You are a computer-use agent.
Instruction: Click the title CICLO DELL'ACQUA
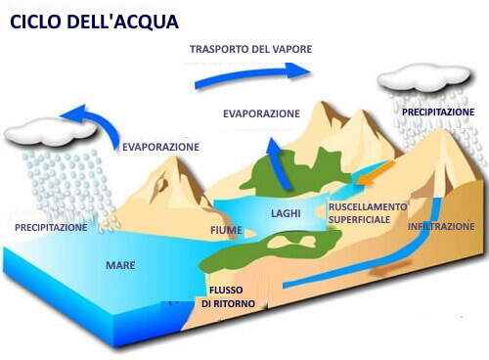click(x=89, y=21)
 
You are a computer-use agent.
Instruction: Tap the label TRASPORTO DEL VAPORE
click(x=251, y=49)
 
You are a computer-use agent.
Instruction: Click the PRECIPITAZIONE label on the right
click(x=437, y=112)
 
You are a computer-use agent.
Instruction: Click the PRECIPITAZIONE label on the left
click(x=51, y=227)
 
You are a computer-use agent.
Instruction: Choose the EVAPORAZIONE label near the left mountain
click(x=160, y=147)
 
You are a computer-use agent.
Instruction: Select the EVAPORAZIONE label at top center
click(x=260, y=113)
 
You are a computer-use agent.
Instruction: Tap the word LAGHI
click(x=288, y=213)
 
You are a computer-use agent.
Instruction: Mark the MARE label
click(x=120, y=265)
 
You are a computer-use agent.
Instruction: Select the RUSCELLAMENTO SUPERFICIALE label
click(x=366, y=213)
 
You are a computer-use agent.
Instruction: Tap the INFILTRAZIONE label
click(x=441, y=226)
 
